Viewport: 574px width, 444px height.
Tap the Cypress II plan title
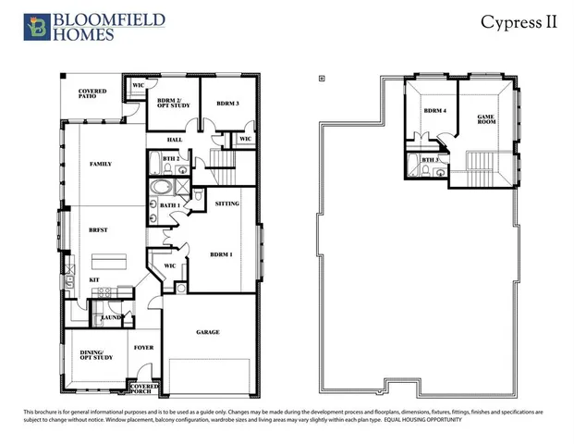[519, 22]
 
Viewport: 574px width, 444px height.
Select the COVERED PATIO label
[92, 93]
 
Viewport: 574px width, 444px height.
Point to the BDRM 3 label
[227, 103]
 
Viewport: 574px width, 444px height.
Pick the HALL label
[173, 141]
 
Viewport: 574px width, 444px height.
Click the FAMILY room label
[100, 164]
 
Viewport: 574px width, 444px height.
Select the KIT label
[93, 278]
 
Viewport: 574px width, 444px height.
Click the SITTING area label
[227, 203]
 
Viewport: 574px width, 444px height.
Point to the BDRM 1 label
[221, 253]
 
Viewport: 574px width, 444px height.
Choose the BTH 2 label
[169, 159]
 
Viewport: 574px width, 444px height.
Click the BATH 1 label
[170, 205]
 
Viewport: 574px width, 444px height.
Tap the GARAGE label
[207, 332]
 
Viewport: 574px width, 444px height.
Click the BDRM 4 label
[434, 111]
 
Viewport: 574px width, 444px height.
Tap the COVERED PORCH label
[145, 388]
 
